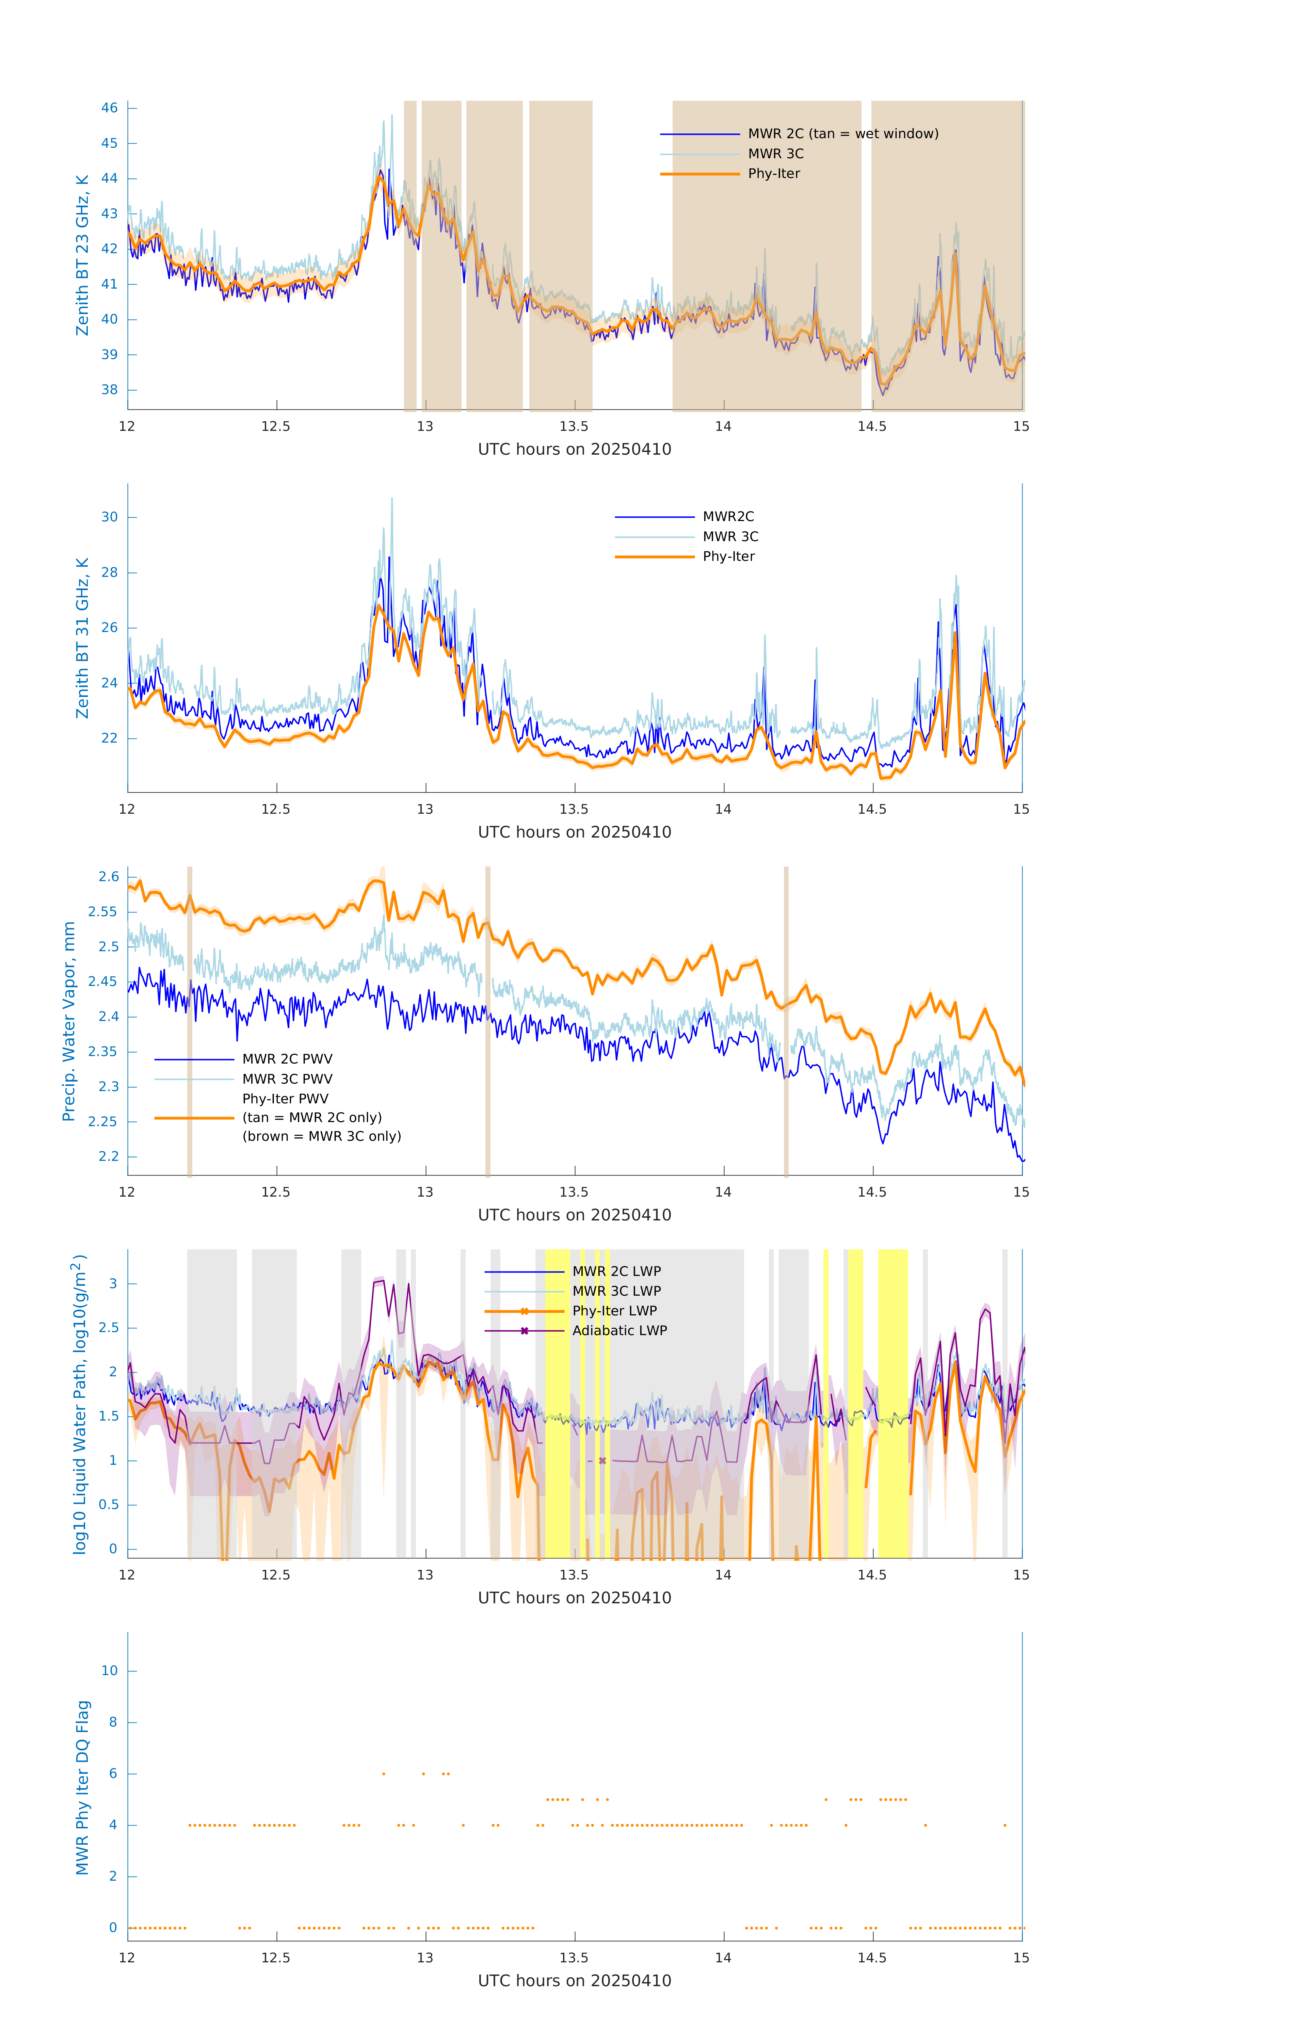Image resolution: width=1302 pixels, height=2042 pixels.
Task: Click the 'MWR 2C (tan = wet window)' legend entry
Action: click(x=842, y=134)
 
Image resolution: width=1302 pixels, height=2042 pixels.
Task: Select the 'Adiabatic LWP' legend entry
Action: click(x=619, y=1330)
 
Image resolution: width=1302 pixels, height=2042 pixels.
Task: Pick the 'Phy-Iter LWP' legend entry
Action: click(x=614, y=1311)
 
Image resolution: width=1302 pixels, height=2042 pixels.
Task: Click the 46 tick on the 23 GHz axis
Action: click(x=109, y=108)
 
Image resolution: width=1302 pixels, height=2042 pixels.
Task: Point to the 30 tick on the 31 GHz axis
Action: click(x=109, y=517)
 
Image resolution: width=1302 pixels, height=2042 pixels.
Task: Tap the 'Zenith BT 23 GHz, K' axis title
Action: click(x=82, y=255)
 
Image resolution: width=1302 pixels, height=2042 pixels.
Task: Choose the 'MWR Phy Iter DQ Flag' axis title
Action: click(x=82, y=1787)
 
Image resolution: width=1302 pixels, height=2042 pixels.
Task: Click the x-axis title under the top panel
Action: click(x=574, y=450)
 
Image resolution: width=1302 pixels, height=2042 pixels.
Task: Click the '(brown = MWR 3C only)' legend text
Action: click(x=321, y=1136)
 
